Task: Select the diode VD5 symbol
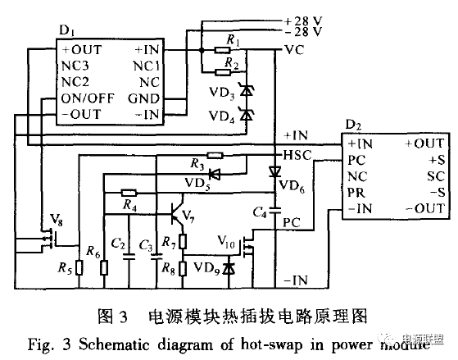tap(215, 174)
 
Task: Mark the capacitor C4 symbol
tap(276, 208)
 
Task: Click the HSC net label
tap(295, 155)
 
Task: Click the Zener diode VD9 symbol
tap(228, 268)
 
